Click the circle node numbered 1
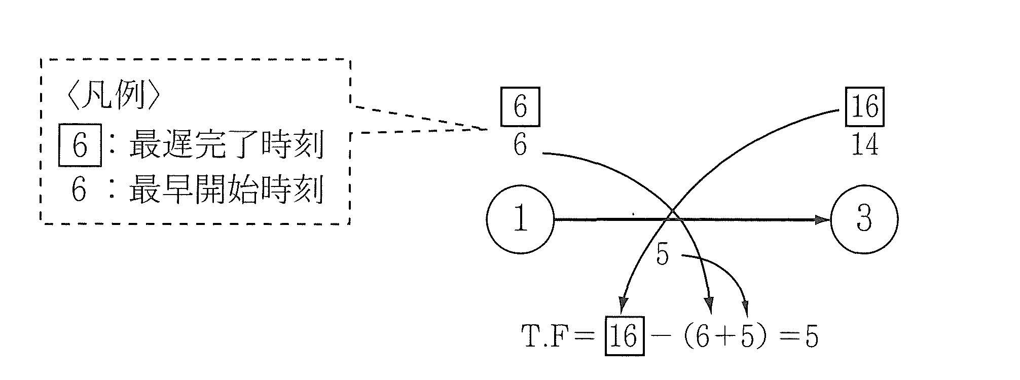(x=520, y=219)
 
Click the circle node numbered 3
(x=864, y=219)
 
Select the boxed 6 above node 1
(x=520, y=107)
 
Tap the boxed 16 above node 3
(x=864, y=107)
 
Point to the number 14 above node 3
(x=864, y=145)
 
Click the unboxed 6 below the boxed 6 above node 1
(x=520, y=145)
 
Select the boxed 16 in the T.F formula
(x=625, y=336)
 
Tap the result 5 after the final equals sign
(x=811, y=336)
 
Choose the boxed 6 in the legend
(x=80, y=146)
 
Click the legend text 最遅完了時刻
(x=226, y=146)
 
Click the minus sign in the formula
(x=660, y=336)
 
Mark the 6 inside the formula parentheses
(x=703, y=336)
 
